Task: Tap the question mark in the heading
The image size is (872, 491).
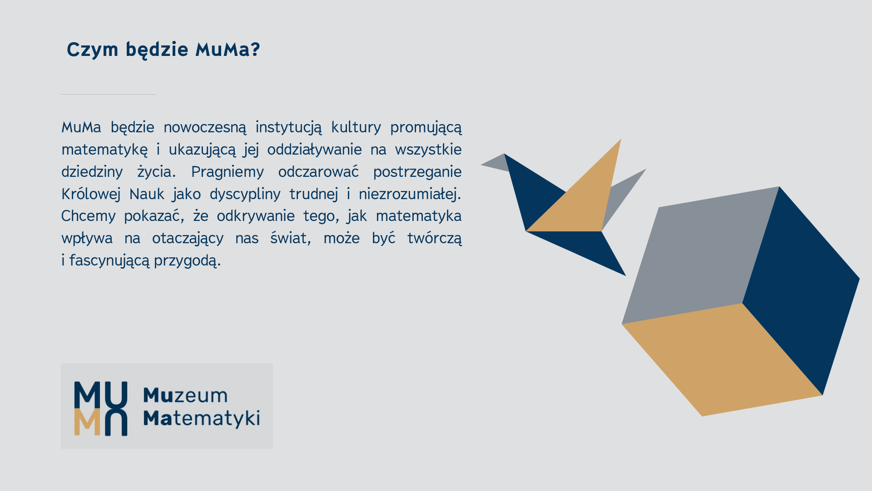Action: coord(255,49)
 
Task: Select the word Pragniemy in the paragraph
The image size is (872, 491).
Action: coord(227,172)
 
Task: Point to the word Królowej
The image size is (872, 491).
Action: coord(91,194)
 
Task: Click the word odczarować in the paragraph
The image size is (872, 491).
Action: coord(318,172)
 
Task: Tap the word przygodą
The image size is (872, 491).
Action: coord(187,261)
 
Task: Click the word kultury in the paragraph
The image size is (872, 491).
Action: coord(356,127)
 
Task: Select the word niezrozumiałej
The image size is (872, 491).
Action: coord(410,194)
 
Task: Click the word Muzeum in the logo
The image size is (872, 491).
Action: coord(185,396)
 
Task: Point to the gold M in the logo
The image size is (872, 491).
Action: coord(87,422)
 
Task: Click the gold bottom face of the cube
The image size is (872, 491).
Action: coord(722,359)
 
